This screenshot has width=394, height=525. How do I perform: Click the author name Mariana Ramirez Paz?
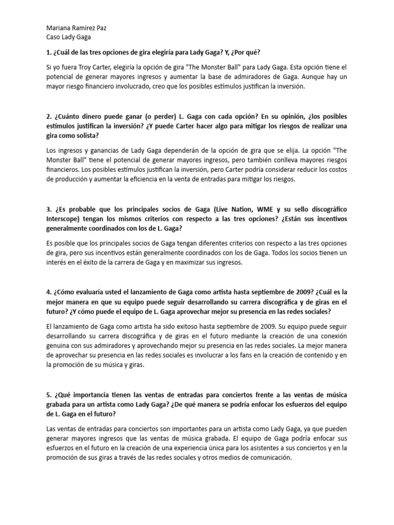pyautogui.click(x=76, y=28)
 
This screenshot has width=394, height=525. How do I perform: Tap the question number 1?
pyautogui.click(x=48, y=53)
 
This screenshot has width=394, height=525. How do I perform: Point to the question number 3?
pyautogui.click(x=48, y=210)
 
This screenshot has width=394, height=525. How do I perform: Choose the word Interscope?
pyautogui.click(x=65, y=220)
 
